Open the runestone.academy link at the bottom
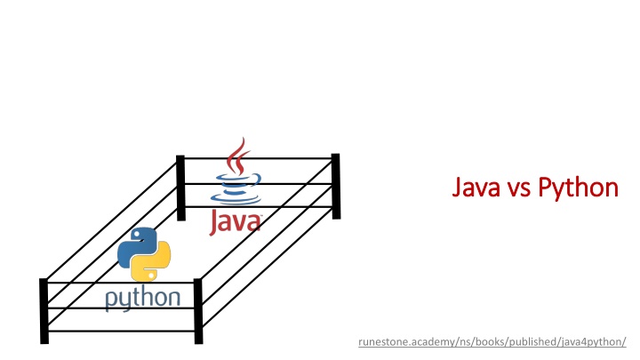492,341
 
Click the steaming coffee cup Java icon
236,173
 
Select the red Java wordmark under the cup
236,219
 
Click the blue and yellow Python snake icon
144,254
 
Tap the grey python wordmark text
143,299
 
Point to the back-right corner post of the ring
335,185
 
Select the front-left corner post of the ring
44,309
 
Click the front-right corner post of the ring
198,311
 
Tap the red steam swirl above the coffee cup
236,155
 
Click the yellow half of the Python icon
152,264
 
